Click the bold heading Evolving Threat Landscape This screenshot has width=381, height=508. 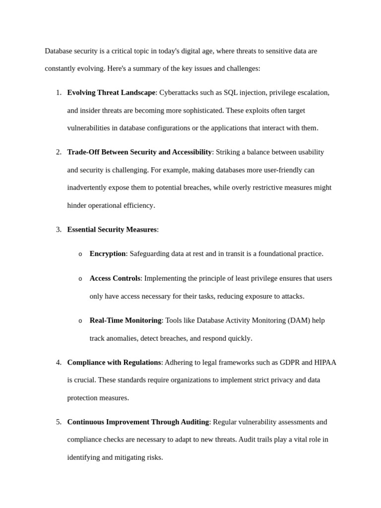111,92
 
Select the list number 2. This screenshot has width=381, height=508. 59,152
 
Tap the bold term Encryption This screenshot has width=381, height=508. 107,254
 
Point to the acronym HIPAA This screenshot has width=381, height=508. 325,362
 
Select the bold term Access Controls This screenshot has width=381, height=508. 115,278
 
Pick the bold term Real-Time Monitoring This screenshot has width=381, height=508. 125,320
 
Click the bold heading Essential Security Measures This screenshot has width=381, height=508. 112,229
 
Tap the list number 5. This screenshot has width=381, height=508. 59,422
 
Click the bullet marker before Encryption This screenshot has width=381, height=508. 80,254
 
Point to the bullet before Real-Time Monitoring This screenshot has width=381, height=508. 80,321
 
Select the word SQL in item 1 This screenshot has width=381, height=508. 231,92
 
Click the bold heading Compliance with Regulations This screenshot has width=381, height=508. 114,362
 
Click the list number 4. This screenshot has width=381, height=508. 59,362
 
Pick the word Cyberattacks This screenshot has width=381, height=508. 178,92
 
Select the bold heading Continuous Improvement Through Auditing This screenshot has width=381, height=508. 138,422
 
